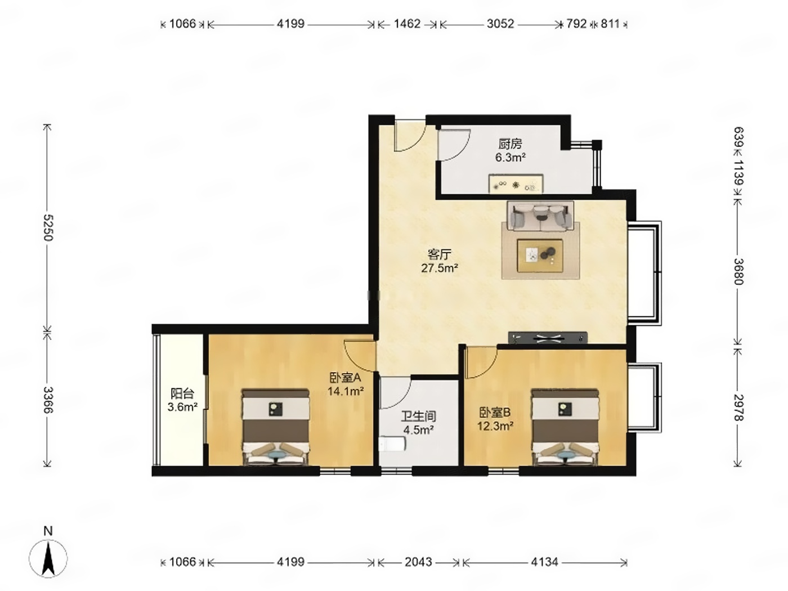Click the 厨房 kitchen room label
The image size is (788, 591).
[510, 144]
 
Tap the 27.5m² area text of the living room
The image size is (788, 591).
[440, 268]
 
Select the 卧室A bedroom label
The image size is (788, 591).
[345, 377]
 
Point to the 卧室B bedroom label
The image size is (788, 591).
[495, 413]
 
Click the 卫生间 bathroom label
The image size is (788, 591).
[418, 417]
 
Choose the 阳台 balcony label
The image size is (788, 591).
[182, 393]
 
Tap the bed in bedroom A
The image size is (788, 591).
[276, 427]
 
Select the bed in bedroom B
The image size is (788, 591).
[565, 427]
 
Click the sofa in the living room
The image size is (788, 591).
[540, 216]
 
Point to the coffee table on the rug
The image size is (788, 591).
[540, 256]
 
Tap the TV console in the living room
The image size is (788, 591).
[548, 337]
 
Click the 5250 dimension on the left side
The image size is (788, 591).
[48, 227]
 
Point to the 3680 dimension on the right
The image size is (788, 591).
[738, 271]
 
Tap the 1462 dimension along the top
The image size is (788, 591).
[407, 24]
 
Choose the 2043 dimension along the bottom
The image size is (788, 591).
[418, 562]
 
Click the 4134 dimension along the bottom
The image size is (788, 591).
[545, 562]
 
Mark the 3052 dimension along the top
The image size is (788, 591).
[500, 24]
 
